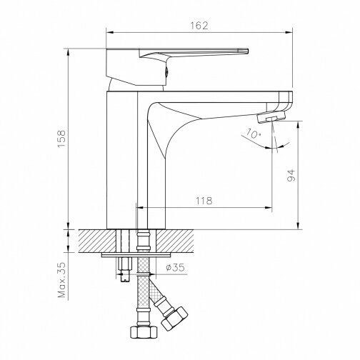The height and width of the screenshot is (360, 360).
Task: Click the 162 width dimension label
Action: (199, 26)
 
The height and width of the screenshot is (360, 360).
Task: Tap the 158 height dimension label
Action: (61, 139)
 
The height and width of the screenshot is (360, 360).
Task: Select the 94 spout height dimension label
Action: (291, 176)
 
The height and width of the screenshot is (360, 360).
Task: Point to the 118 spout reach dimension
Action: (204, 201)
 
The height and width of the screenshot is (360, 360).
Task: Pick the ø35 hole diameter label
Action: (175, 268)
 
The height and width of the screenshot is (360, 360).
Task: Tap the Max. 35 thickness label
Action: (62, 280)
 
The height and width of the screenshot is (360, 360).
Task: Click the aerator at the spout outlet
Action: (271, 118)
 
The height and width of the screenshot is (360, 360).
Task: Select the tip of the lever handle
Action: (248, 51)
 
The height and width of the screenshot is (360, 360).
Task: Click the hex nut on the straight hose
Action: (144, 331)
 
